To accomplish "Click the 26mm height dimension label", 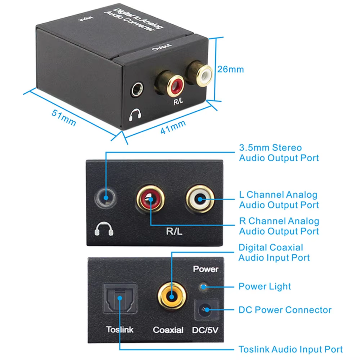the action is [x=231, y=69].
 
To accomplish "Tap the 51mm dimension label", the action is [x=64, y=117].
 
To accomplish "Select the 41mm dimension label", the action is [x=173, y=127].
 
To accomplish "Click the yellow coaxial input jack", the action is [x=172, y=296].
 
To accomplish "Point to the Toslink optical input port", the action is [x=120, y=298].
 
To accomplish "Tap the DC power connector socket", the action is [x=206, y=310].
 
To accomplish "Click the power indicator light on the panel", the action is [x=203, y=286].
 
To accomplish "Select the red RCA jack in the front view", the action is [x=150, y=199].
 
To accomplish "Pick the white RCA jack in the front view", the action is [x=200, y=199].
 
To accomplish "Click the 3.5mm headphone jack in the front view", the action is [x=106, y=198].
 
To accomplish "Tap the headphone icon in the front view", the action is [x=104, y=229].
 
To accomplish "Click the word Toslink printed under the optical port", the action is [x=120, y=330].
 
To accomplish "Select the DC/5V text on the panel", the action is [x=205, y=330].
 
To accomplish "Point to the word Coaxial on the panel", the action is [x=168, y=330].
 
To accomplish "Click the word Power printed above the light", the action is [x=206, y=269].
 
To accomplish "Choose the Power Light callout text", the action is [x=265, y=286].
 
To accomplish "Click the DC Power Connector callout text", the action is [x=285, y=310].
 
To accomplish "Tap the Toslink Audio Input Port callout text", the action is [x=290, y=349].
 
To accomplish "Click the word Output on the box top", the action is [x=162, y=47].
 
